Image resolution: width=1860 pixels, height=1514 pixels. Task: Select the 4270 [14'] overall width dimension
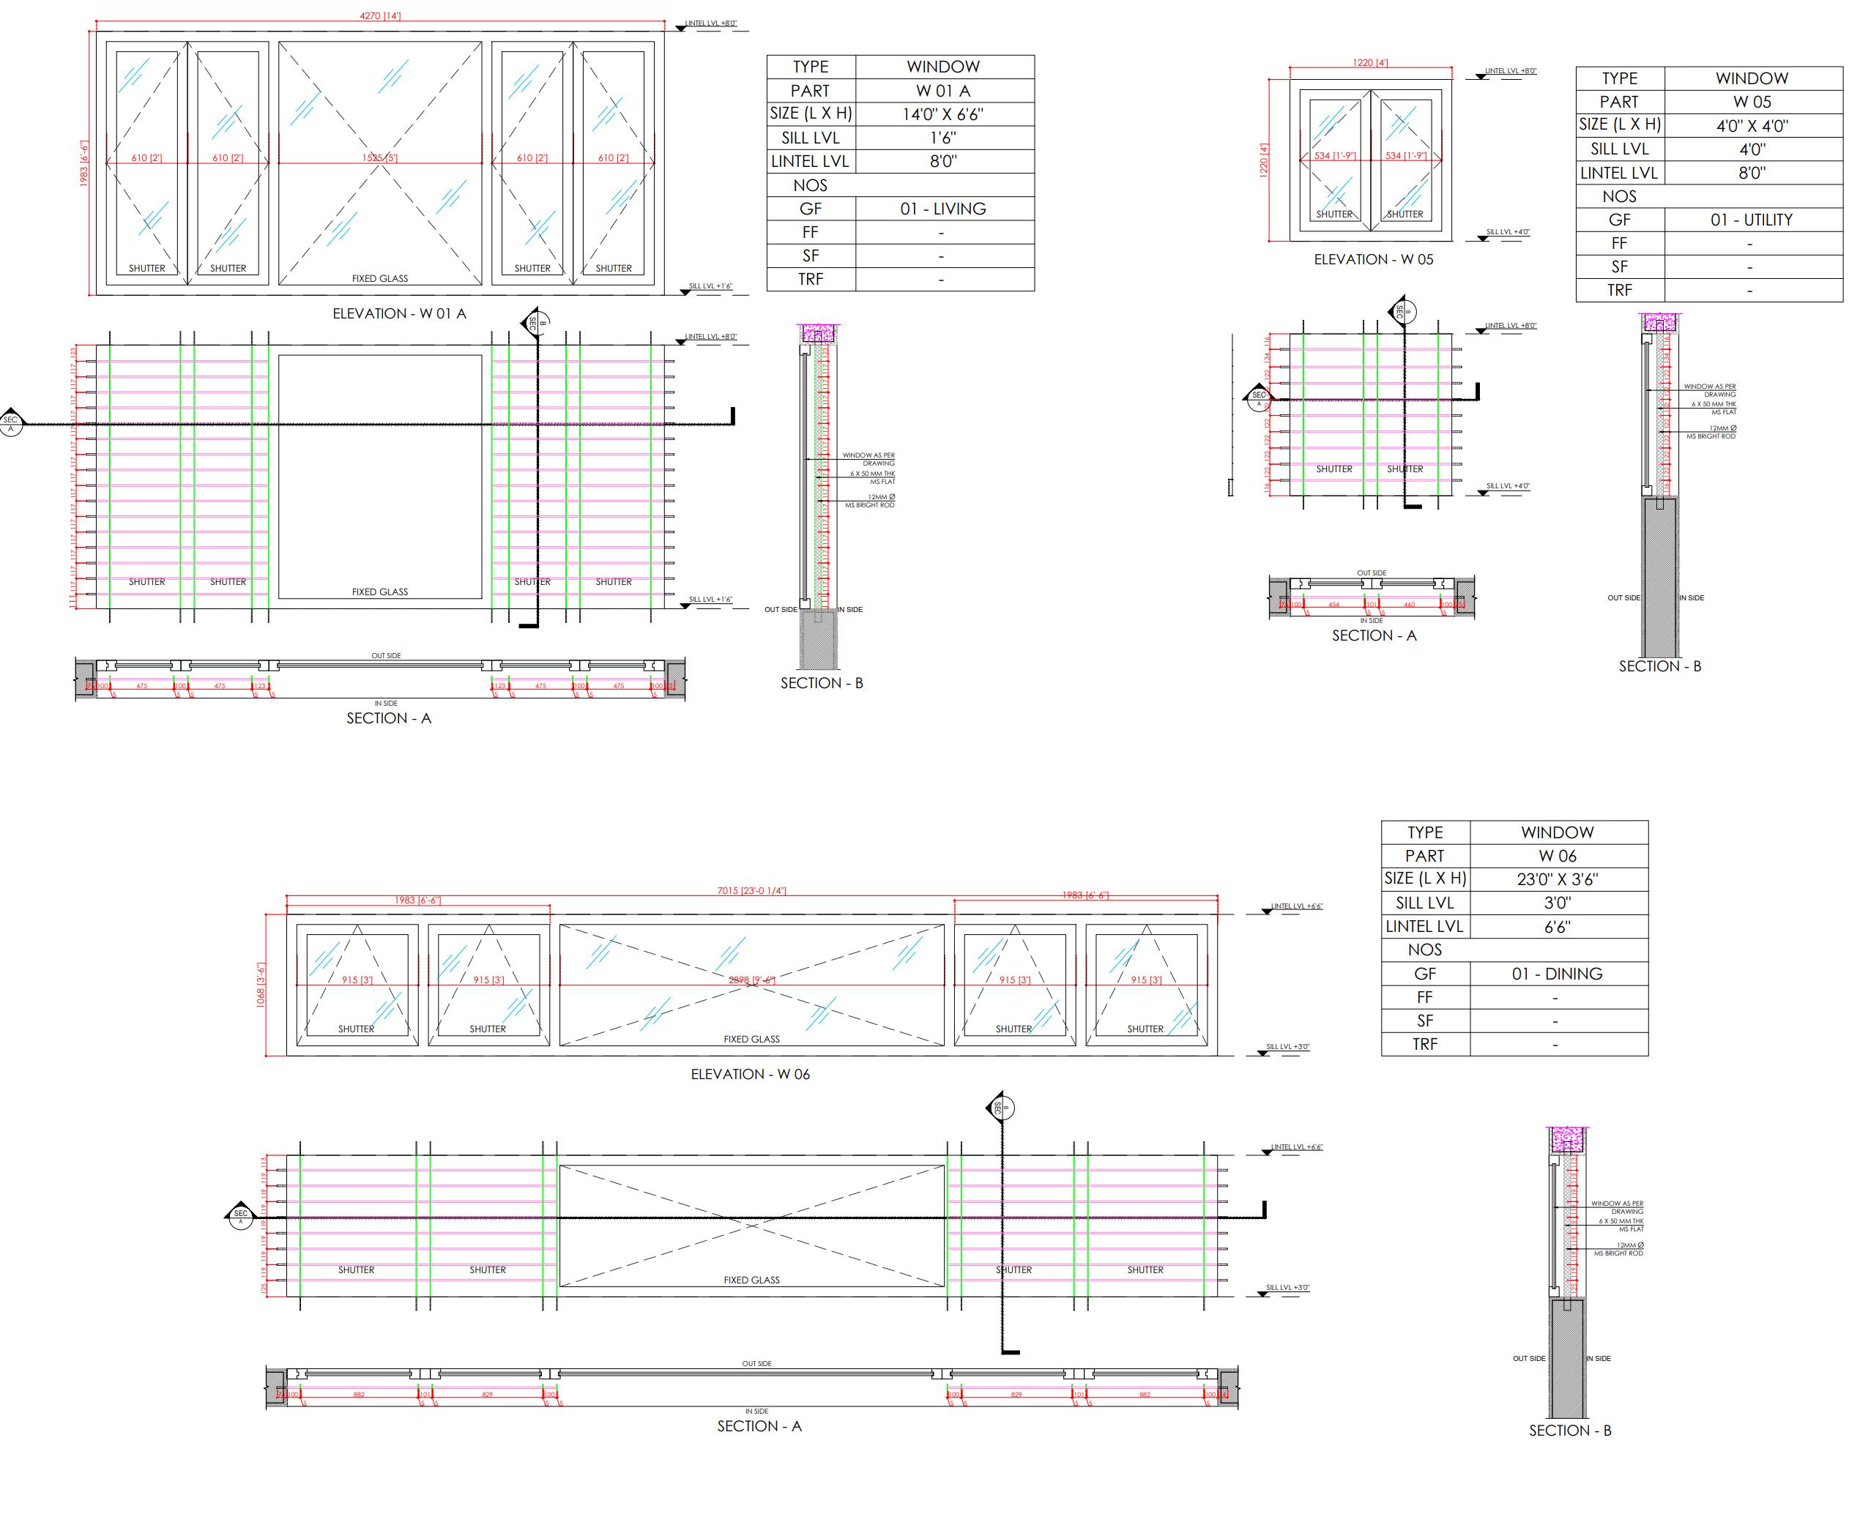[380, 15]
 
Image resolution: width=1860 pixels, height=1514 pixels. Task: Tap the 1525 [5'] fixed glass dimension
[379, 158]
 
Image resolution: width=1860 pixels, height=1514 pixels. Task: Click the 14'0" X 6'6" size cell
[942, 114]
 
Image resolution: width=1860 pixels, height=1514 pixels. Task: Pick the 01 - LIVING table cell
[942, 209]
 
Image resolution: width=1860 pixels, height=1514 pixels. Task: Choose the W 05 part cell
[1751, 102]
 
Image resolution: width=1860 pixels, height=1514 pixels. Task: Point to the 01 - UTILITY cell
[1751, 220]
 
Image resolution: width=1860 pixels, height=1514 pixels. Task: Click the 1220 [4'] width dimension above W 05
[1369, 63]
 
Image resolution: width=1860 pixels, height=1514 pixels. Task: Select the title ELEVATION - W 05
[1373, 260]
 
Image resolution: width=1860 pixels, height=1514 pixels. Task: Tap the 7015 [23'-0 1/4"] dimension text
[751, 891]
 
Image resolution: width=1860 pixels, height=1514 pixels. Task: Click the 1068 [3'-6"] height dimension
[260, 985]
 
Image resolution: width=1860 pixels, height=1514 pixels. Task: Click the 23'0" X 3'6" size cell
[1556, 880]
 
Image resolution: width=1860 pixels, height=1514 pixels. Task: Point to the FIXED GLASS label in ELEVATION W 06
[751, 1040]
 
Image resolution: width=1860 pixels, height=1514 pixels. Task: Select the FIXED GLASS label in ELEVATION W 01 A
[379, 279]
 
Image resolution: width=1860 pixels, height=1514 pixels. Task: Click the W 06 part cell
[1556, 857]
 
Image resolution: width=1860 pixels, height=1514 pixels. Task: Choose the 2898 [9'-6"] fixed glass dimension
[751, 980]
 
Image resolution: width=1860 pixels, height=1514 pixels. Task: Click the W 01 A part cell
[942, 91]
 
